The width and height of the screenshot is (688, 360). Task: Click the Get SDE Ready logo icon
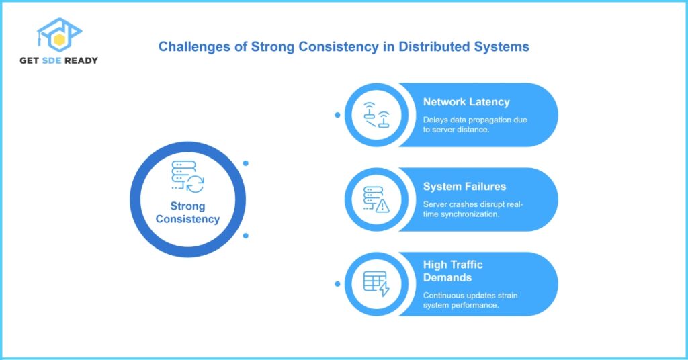(x=59, y=37)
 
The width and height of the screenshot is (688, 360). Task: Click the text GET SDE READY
(x=59, y=60)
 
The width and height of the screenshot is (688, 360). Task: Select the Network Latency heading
(x=466, y=102)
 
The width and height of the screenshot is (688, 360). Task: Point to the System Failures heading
(x=464, y=187)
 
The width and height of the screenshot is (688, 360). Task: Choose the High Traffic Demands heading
(x=453, y=271)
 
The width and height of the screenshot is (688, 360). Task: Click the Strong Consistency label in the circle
(x=187, y=212)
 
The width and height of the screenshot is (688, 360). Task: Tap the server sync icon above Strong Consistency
(x=187, y=177)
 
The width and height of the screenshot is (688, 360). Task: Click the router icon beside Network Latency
(x=376, y=115)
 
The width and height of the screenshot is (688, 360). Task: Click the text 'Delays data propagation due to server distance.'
(x=474, y=125)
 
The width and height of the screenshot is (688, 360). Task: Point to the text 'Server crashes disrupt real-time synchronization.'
(x=474, y=210)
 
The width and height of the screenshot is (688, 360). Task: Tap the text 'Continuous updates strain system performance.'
(x=470, y=300)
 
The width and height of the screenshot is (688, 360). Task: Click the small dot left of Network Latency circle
(x=337, y=115)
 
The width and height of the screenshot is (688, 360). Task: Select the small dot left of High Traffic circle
(x=337, y=284)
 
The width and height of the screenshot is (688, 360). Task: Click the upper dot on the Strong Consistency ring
(x=246, y=163)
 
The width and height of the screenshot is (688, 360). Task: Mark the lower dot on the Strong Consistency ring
(x=246, y=236)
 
